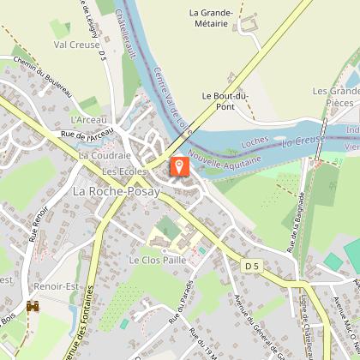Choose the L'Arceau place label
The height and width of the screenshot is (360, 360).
[x=88, y=120]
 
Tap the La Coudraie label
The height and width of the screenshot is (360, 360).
[x=105, y=155]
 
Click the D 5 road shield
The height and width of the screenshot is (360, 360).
[x=251, y=267]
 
